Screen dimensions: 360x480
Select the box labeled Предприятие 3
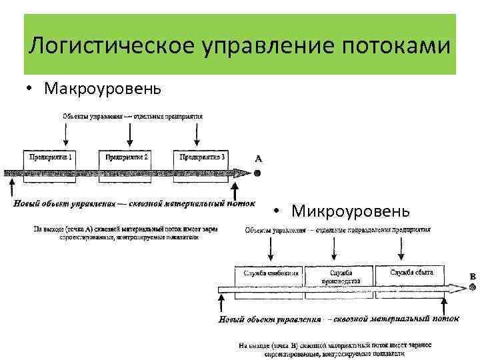[202, 158]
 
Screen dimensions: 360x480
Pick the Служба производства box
[339, 276]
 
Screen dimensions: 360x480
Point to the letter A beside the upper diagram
[258, 159]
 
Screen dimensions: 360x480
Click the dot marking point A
[257, 173]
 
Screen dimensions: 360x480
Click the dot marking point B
[473, 288]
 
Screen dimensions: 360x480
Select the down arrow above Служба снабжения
[270, 251]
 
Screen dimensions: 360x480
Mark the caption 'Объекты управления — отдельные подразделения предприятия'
[337, 230]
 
